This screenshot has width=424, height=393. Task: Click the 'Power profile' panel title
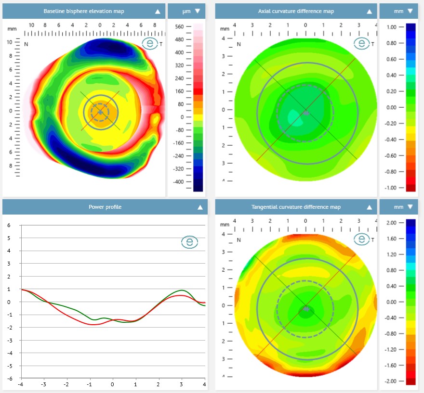tap(105, 207)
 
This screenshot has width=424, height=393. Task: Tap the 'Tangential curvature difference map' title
tap(296, 207)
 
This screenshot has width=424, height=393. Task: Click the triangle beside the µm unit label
tap(197, 11)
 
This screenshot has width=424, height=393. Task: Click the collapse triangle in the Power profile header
tap(200, 207)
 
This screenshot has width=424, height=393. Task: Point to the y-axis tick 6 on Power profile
tap(8, 225)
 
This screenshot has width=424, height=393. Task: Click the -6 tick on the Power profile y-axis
tap(7, 379)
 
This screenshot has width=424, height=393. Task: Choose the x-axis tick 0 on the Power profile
tap(112, 385)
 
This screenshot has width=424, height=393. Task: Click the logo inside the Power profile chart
tap(189, 242)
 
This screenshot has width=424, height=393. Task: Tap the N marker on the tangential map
tap(239, 241)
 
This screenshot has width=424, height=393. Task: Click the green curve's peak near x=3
tap(181, 291)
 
